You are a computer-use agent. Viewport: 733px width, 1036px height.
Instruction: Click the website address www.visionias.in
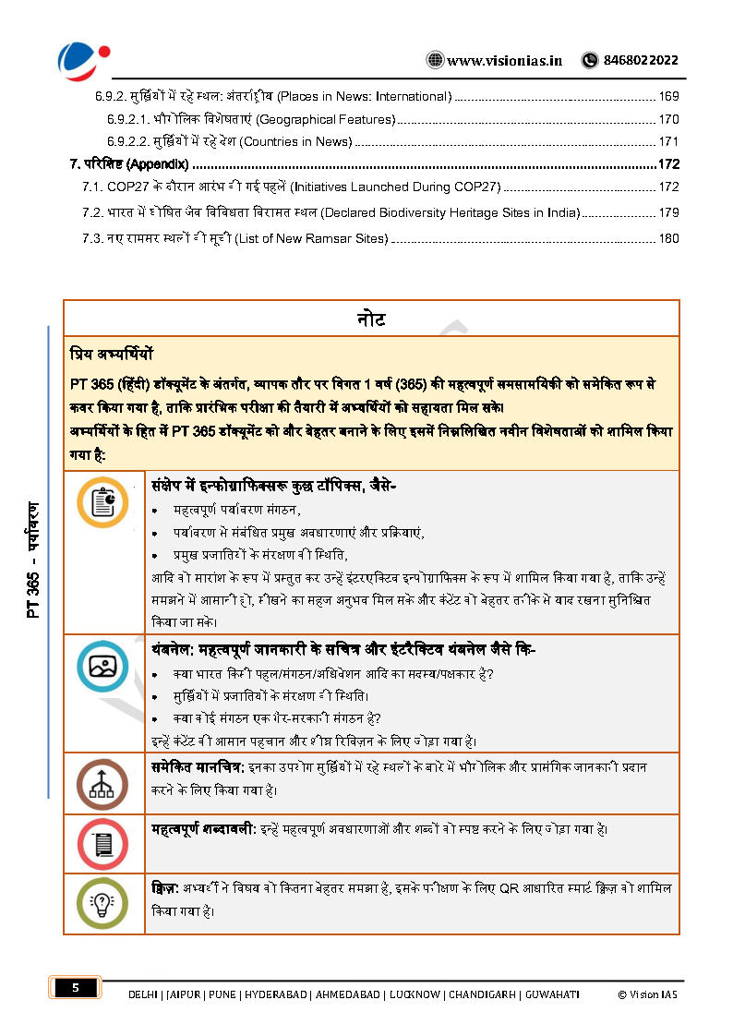[504, 61]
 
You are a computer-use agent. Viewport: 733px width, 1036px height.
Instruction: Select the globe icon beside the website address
[435, 61]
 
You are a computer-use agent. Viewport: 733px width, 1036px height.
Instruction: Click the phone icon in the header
[589, 61]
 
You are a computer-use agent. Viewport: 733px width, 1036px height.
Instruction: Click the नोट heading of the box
[371, 319]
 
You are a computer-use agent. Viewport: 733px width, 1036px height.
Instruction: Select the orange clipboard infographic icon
[103, 503]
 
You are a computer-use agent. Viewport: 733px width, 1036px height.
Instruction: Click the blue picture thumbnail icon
[103, 666]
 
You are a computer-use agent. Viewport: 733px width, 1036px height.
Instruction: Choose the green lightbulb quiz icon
[103, 902]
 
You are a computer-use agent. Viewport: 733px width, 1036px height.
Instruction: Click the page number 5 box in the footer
[76, 988]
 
